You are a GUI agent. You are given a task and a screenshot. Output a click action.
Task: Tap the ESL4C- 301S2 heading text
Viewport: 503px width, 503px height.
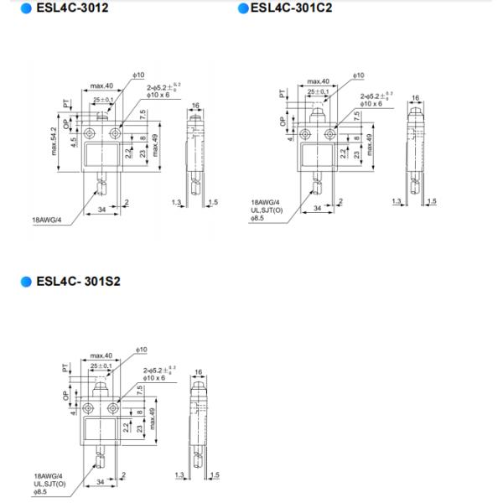79,281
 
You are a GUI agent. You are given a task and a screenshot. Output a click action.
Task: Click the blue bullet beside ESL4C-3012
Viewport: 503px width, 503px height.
26,9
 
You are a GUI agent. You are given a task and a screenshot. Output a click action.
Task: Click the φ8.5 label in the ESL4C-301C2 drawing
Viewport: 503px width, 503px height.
258,218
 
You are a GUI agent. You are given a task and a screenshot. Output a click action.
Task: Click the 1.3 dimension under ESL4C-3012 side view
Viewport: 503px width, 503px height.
175,202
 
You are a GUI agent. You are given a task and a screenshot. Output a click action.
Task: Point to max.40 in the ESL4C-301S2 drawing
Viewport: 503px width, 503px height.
102,356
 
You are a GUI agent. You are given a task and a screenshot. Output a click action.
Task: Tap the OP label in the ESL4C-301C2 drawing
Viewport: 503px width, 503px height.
282,120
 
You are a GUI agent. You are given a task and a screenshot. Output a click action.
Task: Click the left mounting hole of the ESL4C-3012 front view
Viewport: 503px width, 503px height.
90,132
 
